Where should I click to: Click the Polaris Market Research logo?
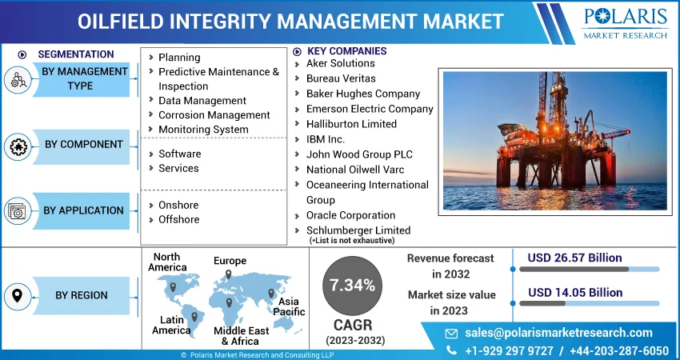click(x=625, y=22)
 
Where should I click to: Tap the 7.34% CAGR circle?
click(x=352, y=286)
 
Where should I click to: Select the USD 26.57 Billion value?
click(x=574, y=258)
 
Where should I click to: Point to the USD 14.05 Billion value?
click(x=575, y=293)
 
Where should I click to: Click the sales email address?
click(x=558, y=333)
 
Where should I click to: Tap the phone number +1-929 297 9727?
click(x=509, y=350)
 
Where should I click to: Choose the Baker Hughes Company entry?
click(x=363, y=94)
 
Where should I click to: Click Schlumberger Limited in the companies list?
click(x=358, y=230)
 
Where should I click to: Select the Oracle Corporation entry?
click(x=350, y=215)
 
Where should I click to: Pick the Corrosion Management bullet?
click(x=214, y=115)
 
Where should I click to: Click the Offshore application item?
click(x=178, y=219)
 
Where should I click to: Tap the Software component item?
click(x=179, y=154)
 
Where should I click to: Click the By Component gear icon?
click(x=18, y=146)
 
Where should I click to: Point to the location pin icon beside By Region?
click(x=18, y=296)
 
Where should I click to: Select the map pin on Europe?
click(x=228, y=274)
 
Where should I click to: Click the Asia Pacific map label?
click(x=289, y=306)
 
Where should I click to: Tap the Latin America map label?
click(x=171, y=326)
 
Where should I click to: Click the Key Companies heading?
click(x=346, y=51)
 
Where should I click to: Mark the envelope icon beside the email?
click(x=451, y=333)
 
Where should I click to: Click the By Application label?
click(x=83, y=210)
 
